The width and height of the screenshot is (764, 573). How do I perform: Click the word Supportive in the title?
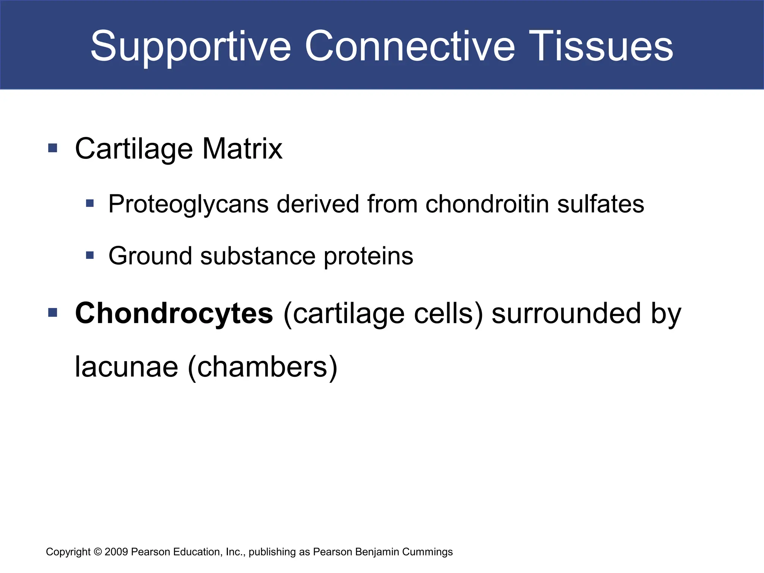point(190,47)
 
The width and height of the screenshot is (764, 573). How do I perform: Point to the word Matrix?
point(242,148)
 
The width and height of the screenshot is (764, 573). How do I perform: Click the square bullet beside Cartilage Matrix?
point(53,148)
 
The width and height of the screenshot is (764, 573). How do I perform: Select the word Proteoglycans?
point(188,204)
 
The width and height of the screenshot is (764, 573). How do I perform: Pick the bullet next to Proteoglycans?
point(90,203)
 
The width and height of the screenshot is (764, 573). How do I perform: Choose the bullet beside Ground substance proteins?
point(90,256)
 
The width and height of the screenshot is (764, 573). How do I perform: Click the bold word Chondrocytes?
point(174,313)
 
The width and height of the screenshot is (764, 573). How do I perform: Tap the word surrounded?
point(567,313)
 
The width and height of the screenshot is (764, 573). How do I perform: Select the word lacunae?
point(126,367)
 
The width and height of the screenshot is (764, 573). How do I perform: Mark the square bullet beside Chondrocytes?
point(53,312)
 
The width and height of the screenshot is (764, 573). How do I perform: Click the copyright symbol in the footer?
point(98,552)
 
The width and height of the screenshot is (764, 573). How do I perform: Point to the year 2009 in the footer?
point(116,552)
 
